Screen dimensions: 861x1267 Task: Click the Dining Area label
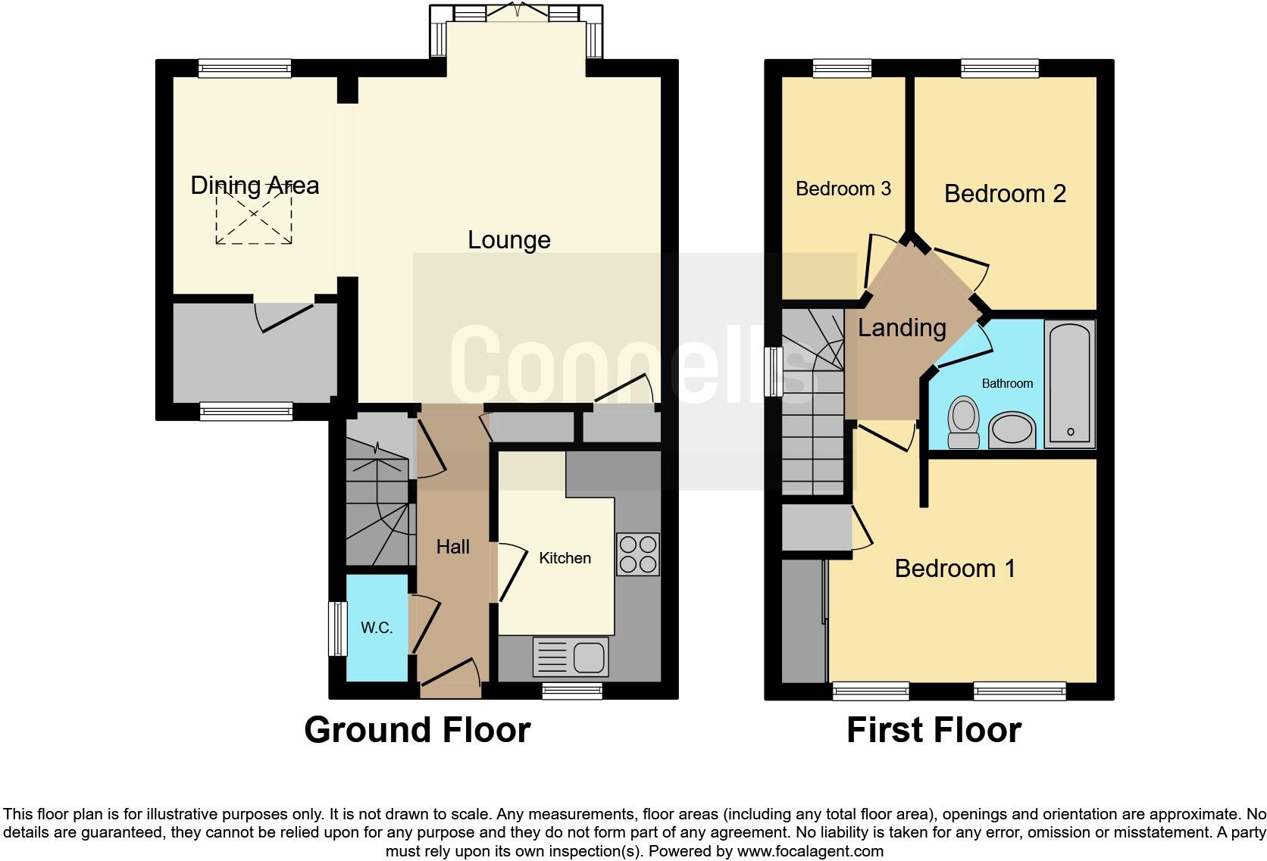(x=255, y=186)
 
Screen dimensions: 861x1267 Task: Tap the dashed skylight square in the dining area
(x=254, y=216)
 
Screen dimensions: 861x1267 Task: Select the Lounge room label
(x=508, y=240)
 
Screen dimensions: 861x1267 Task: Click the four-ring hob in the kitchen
(x=637, y=555)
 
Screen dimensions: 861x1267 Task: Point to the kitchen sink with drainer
(x=571, y=657)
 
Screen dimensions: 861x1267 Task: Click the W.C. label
(x=376, y=628)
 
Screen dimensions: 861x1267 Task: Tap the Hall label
(x=452, y=547)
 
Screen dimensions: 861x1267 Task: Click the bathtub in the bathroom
(x=1070, y=383)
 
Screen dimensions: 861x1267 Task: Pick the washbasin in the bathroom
(x=1012, y=430)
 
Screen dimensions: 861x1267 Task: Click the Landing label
(x=902, y=328)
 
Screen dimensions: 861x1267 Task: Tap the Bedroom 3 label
(x=843, y=189)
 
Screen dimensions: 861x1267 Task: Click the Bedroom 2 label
(x=1005, y=194)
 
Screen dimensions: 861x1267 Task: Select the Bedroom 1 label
(x=955, y=569)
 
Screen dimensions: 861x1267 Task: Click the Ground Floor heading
(x=417, y=730)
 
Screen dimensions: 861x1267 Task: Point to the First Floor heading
(x=934, y=730)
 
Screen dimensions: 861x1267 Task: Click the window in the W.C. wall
(x=336, y=629)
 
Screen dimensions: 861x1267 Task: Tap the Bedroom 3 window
(x=842, y=68)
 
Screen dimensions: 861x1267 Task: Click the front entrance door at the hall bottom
(x=450, y=680)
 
